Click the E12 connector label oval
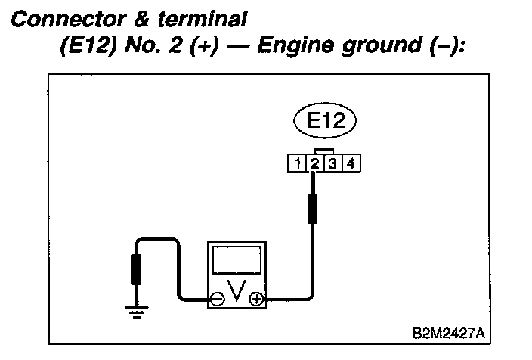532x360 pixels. click(326, 123)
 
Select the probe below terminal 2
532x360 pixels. click(313, 208)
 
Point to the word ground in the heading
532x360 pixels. click(367, 47)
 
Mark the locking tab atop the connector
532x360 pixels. click(323, 151)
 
